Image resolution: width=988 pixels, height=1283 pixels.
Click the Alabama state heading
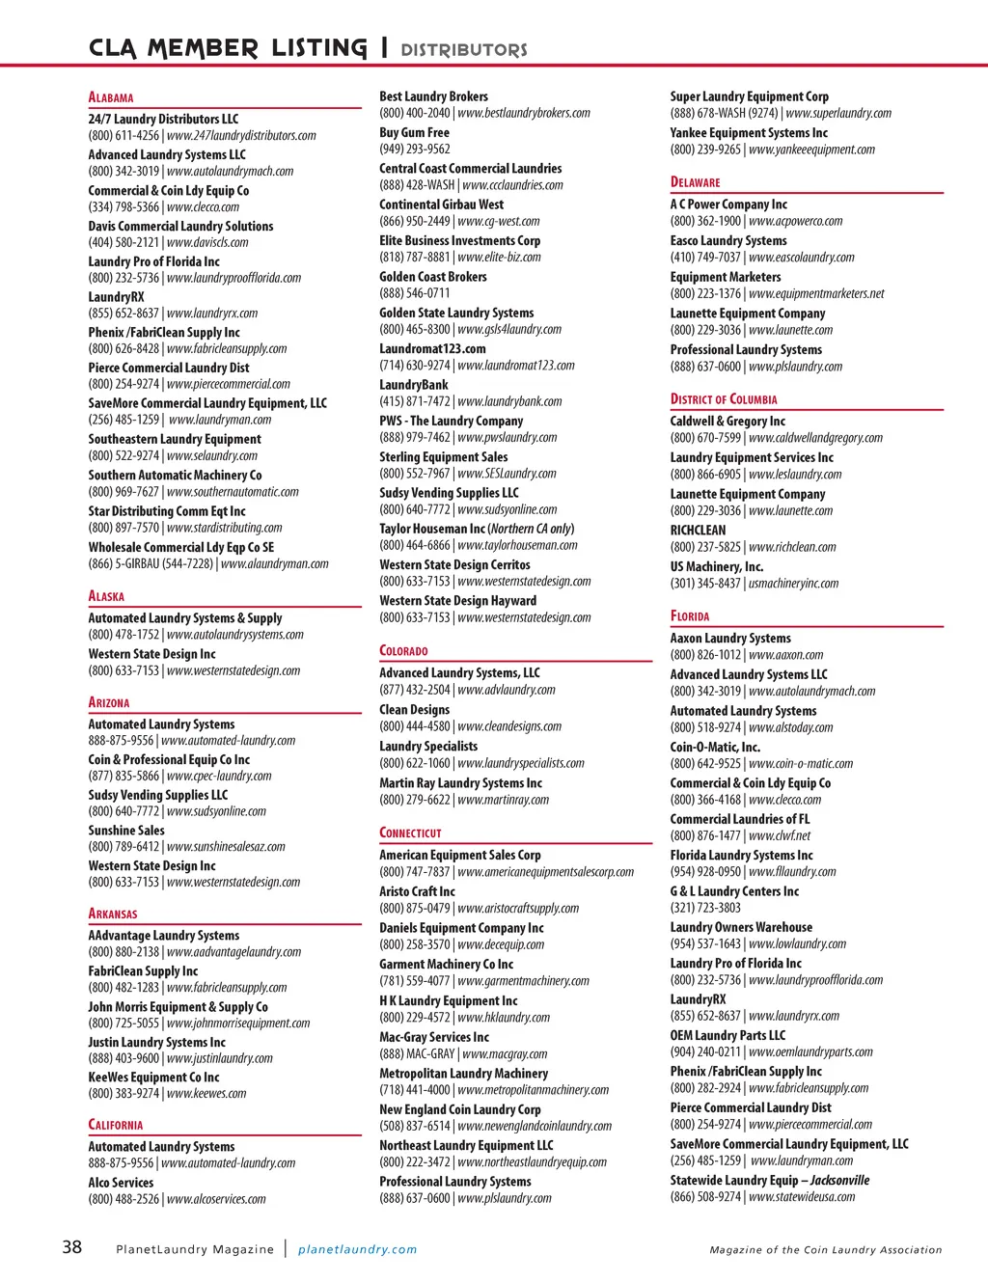pyautogui.click(x=111, y=97)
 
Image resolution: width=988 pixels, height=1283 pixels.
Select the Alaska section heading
pyautogui.click(x=106, y=596)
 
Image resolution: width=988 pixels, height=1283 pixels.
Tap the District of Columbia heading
pyautogui.click(x=724, y=399)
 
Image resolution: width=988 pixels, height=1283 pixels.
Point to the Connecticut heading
pyautogui.click(x=410, y=833)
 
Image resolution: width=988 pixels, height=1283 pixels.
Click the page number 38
pyautogui.click(x=72, y=1247)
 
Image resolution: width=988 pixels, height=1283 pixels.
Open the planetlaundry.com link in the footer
pyautogui.click(x=357, y=1249)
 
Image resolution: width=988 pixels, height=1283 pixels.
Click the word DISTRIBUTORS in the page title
pyautogui.click(x=464, y=49)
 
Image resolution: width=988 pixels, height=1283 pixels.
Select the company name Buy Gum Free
pyautogui.click(x=414, y=132)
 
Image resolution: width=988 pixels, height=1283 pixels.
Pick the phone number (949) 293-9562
pyautogui.click(x=415, y=149)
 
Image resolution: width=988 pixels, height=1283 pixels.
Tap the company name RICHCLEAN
pyautogui.click(x=698, y=530)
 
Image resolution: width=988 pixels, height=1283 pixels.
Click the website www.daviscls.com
pyautogui.click(x=207, y=242)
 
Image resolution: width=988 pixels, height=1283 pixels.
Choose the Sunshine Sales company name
pyautogui.click(x=126, y=830)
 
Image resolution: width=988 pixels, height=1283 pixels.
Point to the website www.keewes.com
pyautogui.click(x=206, y=1093)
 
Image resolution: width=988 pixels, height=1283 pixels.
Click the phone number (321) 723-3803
pyautogui.click(x=705, y=907)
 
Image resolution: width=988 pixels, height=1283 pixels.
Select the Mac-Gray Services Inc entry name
pyautogui.click(x=434, y=1037)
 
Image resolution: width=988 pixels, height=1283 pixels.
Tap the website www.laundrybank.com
pyautogui.click(x=509, y=401)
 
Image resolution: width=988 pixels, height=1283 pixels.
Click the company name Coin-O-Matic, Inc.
pyautogui.click(x=715, y=747)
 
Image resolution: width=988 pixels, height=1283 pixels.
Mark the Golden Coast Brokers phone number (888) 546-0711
pyautogui.click(x=415, y=292)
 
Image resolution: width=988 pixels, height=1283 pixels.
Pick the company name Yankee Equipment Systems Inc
pyautogui.click(x=749, y=132)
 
